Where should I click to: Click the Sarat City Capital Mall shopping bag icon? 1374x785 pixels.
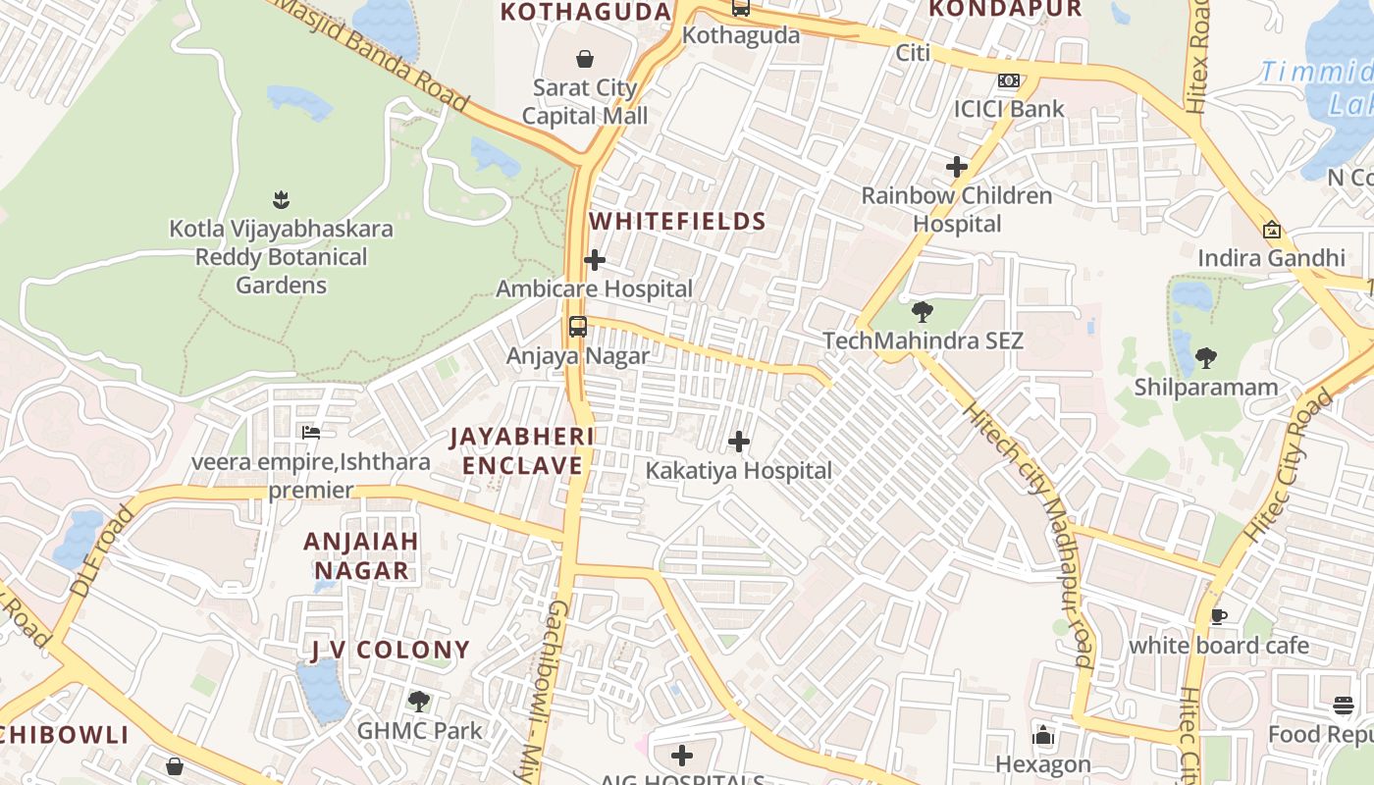coord(585,59)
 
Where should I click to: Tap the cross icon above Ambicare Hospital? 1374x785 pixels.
coord(595,260)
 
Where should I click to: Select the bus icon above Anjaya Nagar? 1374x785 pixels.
coord(578,327)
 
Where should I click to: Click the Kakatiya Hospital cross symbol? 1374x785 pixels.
coord(739,442)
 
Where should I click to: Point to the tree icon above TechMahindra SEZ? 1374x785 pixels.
coord(922,312)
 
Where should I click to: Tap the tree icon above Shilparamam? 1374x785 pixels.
coord(1206,358)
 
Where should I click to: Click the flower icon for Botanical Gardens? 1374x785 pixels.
coord(281,200)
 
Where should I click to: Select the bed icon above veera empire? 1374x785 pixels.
coord(311,432)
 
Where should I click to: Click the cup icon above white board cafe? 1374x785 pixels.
coord(1218,616)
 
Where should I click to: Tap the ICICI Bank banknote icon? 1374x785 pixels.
coord(1008,80)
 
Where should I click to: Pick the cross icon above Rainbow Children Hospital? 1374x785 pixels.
coord(956,167)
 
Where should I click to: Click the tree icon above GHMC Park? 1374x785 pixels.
coord(419,702)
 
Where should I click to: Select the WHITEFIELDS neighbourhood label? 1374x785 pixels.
coord(677,221)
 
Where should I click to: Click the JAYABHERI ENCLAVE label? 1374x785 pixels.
coord(522,450)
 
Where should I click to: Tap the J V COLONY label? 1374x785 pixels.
coord(391,650)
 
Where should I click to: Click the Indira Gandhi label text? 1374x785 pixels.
coord(1271,258)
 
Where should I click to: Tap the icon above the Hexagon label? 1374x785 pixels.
coord(1042,735)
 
